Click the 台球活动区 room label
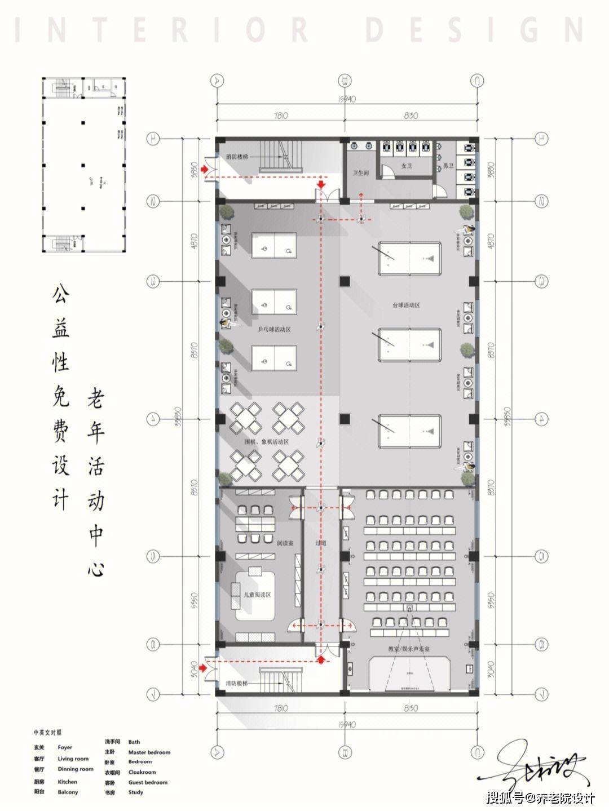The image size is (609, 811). click(x=407, y=305)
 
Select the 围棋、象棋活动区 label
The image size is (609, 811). click(x=266, y=442)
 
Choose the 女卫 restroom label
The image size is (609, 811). click(x=406, y=166)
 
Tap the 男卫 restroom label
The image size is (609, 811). click(x=448, y=166)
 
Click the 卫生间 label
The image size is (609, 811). click(x=360, y=174)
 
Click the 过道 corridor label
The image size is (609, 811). click(x=321, y=544)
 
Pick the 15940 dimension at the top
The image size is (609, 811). click(x=347, y=99)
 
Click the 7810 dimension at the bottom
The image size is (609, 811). click(x=280, y=708)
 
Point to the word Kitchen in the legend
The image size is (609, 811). click(x=67, y=782)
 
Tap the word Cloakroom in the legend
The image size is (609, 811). click(x=142, y=772)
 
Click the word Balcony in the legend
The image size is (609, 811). click(x=68, y=792)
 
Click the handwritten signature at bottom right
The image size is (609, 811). click(x=536, y=769)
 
